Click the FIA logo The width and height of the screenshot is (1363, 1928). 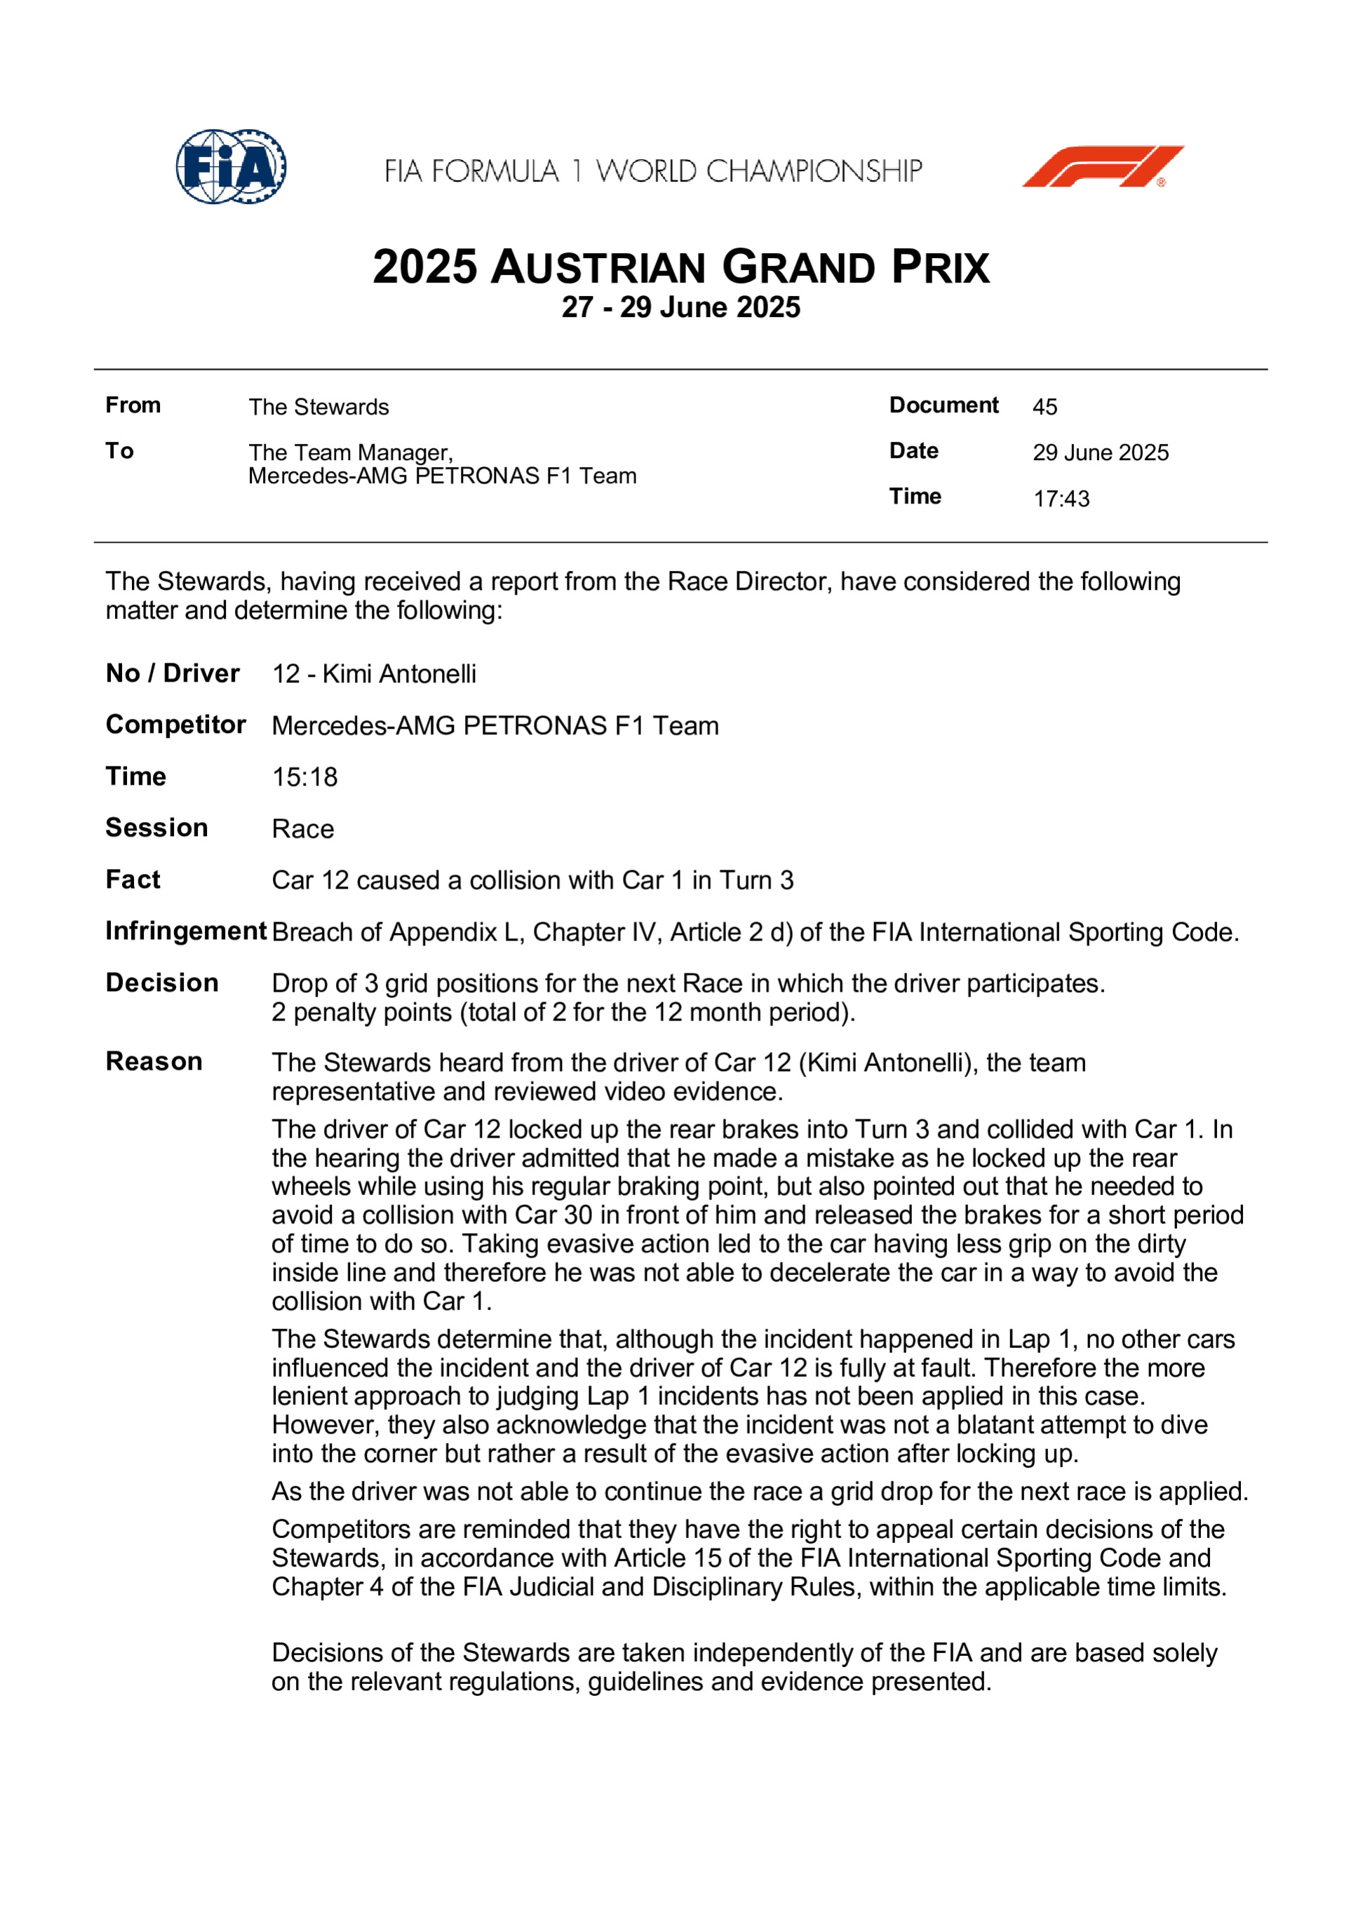pos(231,166)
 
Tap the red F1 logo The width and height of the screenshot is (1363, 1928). pos(1102,166)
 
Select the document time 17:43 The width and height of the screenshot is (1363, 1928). pos(1061,499)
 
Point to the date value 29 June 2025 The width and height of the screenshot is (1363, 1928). pos(1100,452)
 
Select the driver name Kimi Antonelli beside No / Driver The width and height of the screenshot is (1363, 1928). pos(399,674)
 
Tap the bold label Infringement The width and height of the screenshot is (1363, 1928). pos(186,931)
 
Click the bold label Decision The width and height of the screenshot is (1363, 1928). pos(162,983)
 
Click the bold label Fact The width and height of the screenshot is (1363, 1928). pos(133,880)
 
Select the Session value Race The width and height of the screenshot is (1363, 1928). pos(303,830)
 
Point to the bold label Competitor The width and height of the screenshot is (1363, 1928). pos(175,724)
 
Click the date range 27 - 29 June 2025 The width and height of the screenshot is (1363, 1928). pos(681,307)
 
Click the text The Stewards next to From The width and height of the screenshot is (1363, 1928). pos(318,407)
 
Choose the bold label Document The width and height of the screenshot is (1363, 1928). pos(944,405)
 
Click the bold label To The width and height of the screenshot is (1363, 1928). pos(119,451)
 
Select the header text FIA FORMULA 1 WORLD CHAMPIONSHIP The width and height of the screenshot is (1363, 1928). pos(653,171)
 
